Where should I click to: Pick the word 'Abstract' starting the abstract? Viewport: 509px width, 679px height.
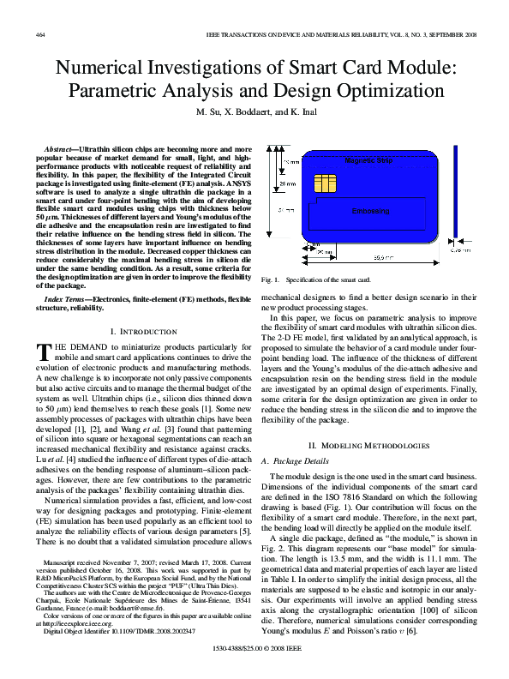pos(58,148)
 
